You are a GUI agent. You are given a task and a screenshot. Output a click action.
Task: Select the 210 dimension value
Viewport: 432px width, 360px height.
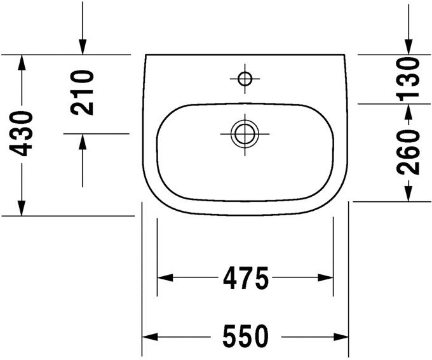click(x=83, y=92)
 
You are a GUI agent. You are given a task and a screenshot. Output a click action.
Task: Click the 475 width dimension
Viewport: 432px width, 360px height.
click(x=245, y=278)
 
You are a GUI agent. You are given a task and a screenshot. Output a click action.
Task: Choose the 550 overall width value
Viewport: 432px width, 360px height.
click(x=245, y=337)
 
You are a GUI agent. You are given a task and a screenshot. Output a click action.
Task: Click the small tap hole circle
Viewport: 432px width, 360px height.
click(x=245, y=79)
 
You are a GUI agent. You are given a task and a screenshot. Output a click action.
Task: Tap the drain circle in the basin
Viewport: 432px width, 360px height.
click(x=245, y=134)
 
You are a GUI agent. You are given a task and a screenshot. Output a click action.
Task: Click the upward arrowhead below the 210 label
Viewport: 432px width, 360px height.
click(x=83, y=142)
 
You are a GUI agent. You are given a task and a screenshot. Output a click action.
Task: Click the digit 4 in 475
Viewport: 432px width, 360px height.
click(x=229, y=278)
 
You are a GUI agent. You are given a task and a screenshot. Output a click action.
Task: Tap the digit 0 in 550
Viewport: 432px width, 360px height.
click(x=260, y=337)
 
